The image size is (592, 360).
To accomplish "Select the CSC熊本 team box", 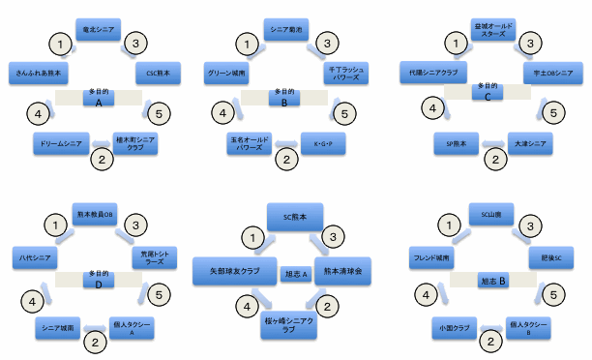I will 159,73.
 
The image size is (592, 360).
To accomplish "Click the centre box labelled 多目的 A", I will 98,97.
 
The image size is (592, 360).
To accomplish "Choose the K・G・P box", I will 323,143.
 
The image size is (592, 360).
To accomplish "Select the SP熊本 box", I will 457,143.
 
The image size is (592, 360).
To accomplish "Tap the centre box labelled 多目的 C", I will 488,92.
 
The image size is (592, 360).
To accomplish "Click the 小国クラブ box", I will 454,329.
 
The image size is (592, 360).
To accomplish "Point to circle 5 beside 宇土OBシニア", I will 552,113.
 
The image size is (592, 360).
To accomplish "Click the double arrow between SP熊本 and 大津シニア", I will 493,144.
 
